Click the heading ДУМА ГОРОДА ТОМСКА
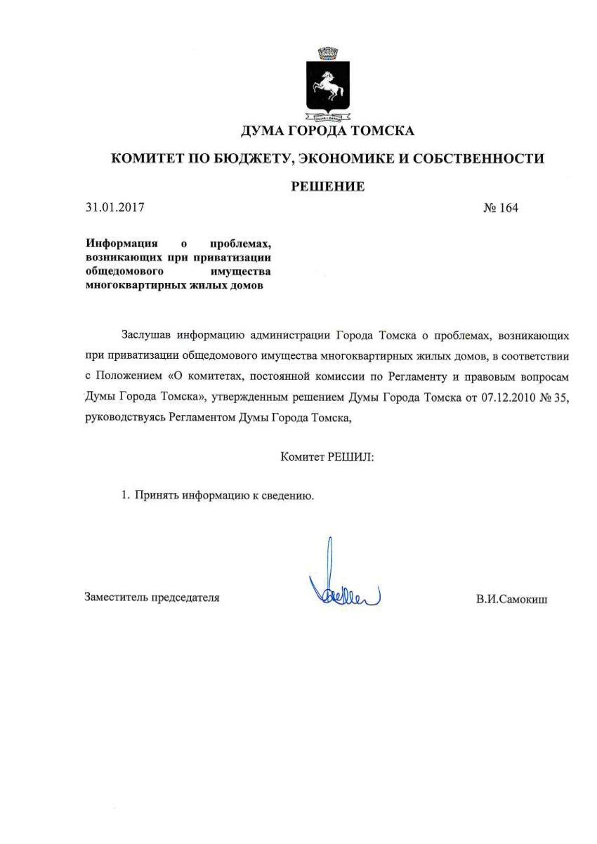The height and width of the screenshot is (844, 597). [x=327, y=131]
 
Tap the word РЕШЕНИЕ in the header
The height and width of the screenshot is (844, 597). [x=328, y=187]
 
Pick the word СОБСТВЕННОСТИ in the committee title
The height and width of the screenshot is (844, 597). [x=486, y=159]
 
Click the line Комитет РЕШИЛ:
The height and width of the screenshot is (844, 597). [x=327, y=457]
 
